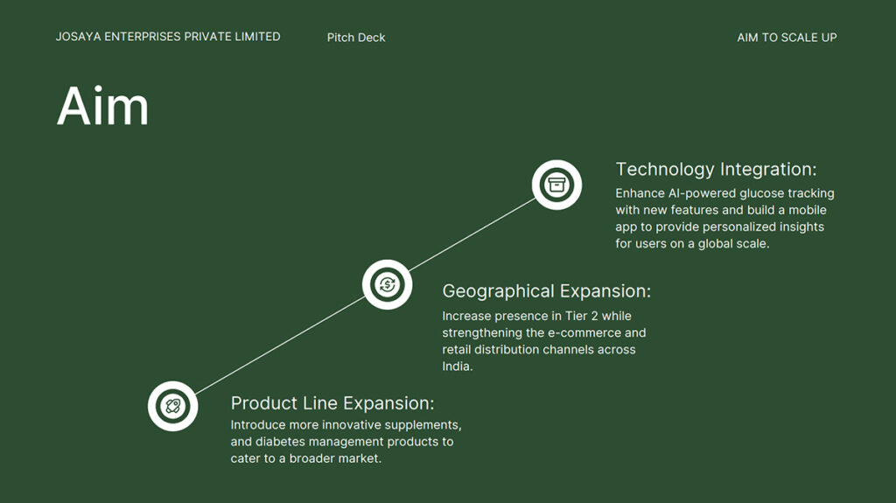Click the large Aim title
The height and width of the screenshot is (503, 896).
(x=103, y=106)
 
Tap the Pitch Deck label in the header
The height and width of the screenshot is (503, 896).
(x=356, y=38)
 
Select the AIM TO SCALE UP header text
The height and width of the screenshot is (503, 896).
(x=787, y=38)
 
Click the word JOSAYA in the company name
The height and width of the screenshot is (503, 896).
(x=78, y=37)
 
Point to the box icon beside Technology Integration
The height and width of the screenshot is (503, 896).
(x=556, y=185)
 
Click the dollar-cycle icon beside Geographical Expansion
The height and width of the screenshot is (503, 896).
(x=387, y=284)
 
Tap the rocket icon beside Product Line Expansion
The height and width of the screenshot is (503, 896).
(x=172, y=406)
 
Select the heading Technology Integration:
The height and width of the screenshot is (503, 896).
(x=716, y=170)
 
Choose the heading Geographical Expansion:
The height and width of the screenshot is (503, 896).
(x=546, y=291)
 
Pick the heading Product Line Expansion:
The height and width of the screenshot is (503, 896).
(x=332, y=403)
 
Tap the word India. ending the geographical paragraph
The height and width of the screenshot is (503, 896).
(x=457, y=367)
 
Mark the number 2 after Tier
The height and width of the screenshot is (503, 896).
(x=594, y=316)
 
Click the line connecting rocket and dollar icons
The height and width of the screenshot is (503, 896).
(x=280, y=346)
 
